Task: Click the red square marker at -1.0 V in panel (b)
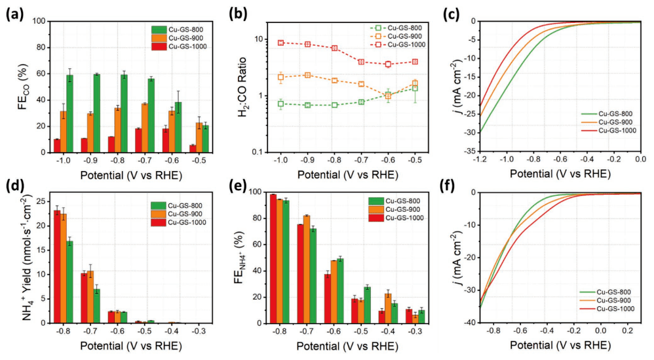(x=280, y=43)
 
